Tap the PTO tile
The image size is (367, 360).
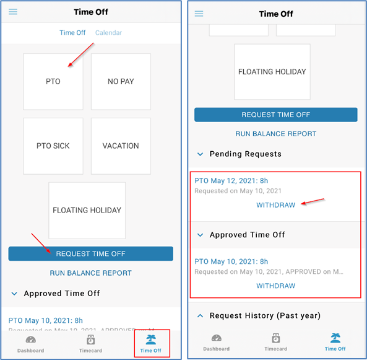[53, 82]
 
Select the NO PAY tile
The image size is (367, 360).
[121, 82]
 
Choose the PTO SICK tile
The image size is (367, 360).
[53, 146]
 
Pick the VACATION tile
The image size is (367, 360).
[121, 146]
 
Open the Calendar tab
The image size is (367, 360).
[108, 33]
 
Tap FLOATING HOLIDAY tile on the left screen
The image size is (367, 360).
[87, 210]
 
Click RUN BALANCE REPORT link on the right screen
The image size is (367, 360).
[275, 134]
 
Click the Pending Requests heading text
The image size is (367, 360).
[245, 154]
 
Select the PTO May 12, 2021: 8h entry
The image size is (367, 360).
[231, 181]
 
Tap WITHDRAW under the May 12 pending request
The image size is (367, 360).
[275, 205]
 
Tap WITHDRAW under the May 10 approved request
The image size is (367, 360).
[275, 286]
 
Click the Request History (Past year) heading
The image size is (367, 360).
[265, 316]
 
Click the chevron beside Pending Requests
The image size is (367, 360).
[200, 154]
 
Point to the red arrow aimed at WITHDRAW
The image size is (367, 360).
[312, 202]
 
